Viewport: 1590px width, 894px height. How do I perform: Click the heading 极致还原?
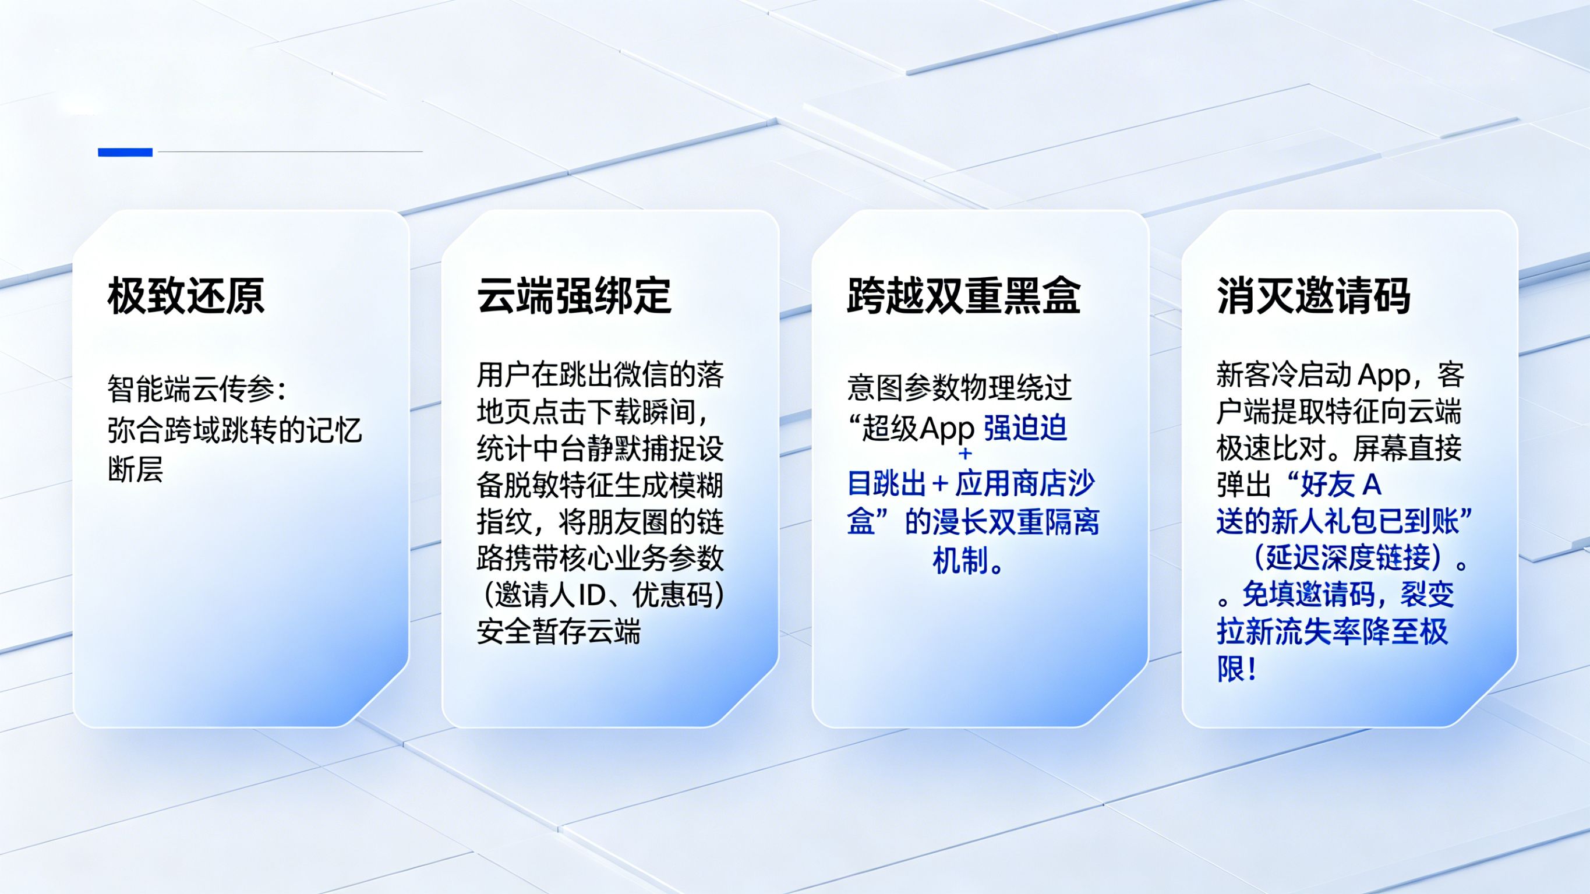186,296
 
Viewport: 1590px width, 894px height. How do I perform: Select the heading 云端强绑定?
574,296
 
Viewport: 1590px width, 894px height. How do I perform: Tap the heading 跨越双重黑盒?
963,296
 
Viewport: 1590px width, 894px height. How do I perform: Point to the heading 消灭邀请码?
1313,296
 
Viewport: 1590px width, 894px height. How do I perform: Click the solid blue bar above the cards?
125,152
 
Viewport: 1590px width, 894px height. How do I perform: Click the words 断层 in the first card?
135,469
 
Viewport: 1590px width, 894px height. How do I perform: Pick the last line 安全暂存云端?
559,631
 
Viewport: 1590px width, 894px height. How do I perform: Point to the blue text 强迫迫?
1025,429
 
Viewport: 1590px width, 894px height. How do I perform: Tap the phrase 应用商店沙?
1025,484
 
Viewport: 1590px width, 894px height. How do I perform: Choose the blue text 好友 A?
1341,485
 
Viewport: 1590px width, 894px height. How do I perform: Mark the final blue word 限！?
1237,669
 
